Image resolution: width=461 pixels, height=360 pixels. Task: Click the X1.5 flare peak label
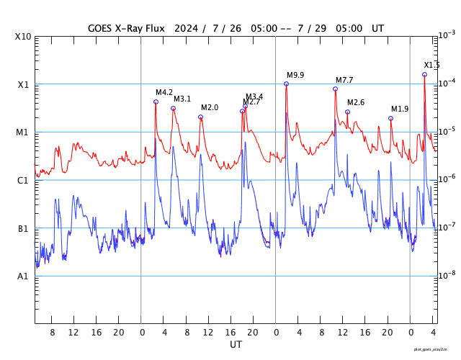tap(431, 66)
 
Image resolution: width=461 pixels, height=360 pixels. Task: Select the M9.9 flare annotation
tap(295, 76)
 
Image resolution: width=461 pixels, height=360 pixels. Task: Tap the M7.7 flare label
tap(344, 80)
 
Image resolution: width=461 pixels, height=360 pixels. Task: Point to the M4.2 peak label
tap(164, 93)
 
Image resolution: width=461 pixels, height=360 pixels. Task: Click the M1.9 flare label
tap(400, 109)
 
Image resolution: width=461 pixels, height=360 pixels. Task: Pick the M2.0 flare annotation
tap(210, 108)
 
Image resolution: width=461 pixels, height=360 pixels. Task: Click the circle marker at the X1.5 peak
tap(425, 74)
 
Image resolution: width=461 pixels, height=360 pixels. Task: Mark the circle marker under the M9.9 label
tap(287, 84)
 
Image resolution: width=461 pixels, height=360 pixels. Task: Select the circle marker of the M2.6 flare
tap(347, 112)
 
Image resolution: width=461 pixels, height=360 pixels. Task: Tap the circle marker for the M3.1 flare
tap(173, 109)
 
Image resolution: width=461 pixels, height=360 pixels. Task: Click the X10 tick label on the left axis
tap(24, 37)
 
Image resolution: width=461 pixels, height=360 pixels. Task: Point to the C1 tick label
tap(24, 181)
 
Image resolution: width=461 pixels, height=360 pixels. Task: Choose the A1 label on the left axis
tap(24, 276)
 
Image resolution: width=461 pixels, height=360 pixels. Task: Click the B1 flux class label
tap(24, 229)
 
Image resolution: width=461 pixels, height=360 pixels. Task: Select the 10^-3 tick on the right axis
tap(447, 35)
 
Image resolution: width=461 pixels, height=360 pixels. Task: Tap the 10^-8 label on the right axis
tap(447, 275)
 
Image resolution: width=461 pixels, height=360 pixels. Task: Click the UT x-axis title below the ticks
tap(236, 345)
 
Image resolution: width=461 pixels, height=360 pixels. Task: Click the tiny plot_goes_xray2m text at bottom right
tap(436, 349)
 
